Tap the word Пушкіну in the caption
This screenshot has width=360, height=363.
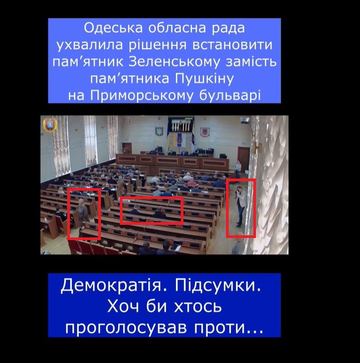[x=204, y=79]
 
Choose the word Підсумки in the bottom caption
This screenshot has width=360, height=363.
[x=218, y=286]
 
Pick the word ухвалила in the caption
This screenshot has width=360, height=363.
[x=90, y=45]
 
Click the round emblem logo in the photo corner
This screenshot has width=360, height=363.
[x=49, y=125]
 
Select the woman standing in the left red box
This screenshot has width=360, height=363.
[x=83, y=213]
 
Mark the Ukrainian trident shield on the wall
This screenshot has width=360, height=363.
[x=159, y=131]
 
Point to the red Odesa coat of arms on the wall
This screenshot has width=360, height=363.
[x=205, y=132]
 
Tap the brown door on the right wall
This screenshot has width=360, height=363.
[x=243, y=159]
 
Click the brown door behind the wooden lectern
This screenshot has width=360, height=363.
[x=127, y=148]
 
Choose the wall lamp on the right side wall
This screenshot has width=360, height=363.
[x=256, y=147]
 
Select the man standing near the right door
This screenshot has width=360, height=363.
[x=238, y=169]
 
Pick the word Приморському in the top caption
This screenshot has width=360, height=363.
[x=142, y=96]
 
